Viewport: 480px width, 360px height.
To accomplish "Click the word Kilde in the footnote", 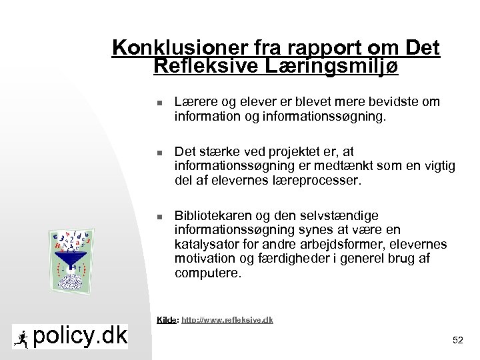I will point(167,320).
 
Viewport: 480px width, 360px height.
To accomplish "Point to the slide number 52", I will point(457,340).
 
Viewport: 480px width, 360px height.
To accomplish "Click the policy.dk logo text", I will point(80,336).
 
